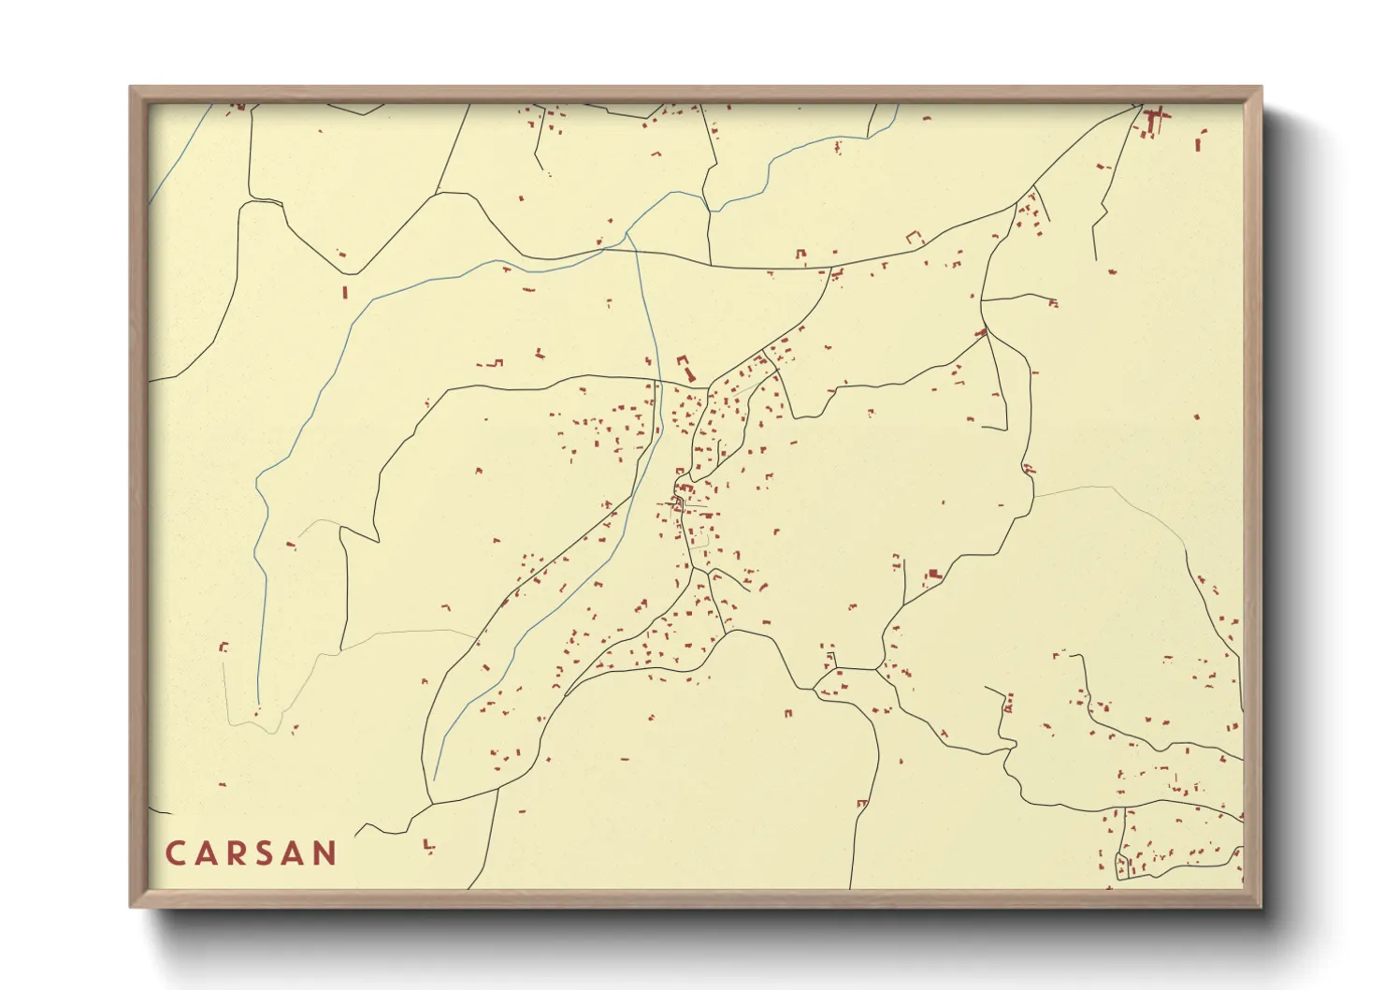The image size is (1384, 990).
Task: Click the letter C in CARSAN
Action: (x=175, y=853)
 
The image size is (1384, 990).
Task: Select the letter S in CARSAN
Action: (x=266, y=853)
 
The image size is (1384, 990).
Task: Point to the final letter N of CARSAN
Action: (x=324, y=853)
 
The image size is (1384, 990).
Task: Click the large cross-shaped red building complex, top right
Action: (x=1153, y=121)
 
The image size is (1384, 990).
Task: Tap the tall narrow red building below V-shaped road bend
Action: (x=345, y=292)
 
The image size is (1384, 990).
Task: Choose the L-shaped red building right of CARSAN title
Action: (x=428, y=847)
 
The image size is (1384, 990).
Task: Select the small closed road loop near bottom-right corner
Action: (x=1123, y=866)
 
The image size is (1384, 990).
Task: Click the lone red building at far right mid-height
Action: (x=1196, y=416)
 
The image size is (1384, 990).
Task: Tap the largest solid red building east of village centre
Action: (x=932, y=575)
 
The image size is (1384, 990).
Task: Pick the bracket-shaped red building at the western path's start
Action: (x=223, y=647)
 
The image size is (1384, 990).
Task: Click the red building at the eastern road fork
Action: (x=982, y=331)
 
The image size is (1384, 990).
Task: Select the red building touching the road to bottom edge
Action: (x=861, y=803)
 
